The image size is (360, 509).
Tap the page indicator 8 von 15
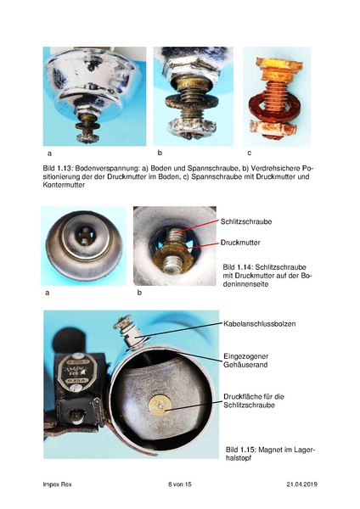click(180, 484)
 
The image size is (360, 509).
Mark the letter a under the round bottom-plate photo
click(47, 292)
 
